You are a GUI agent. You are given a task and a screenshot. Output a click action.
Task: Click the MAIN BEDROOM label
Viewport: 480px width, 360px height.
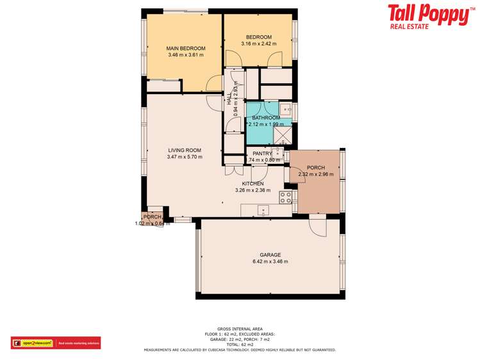click(x=185, y=49)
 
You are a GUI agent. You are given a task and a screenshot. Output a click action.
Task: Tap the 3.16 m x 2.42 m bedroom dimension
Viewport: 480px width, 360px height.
click(x=258, y=44)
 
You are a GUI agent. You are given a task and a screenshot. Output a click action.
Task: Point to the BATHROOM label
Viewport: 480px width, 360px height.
click(x=266, y=118)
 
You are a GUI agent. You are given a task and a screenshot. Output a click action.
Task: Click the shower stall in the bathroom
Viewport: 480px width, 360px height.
click(x=283, y=135)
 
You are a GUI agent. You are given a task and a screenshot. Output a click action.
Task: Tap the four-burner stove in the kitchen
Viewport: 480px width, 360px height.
click(x=286, y=197)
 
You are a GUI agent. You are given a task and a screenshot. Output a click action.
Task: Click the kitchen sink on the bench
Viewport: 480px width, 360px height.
click(x=262, y=209)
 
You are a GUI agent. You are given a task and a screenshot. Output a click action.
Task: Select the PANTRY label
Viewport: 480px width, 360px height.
click(x=263, y=154)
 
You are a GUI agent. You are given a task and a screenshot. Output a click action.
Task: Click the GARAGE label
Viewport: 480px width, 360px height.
click(x=270, y=254)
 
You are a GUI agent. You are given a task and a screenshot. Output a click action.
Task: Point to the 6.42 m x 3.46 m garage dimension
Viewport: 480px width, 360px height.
click(x=270, y=261)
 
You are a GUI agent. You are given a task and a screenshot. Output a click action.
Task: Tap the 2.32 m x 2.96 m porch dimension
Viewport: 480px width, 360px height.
click(x=316, y=174)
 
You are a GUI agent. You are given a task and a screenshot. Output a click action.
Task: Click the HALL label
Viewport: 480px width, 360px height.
click(x=229, y=99)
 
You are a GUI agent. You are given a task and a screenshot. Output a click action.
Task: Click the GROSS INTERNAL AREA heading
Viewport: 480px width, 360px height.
click(x=240, y=329)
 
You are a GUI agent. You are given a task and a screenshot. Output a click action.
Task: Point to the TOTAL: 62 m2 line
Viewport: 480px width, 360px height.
click(x=240, y=345)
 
